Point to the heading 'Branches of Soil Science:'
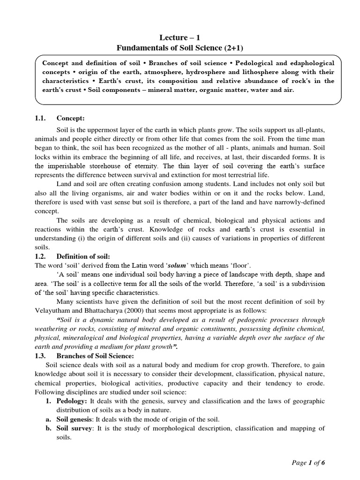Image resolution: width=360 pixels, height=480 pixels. pos(95,355)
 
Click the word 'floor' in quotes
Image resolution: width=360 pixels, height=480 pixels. pos(246,266)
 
